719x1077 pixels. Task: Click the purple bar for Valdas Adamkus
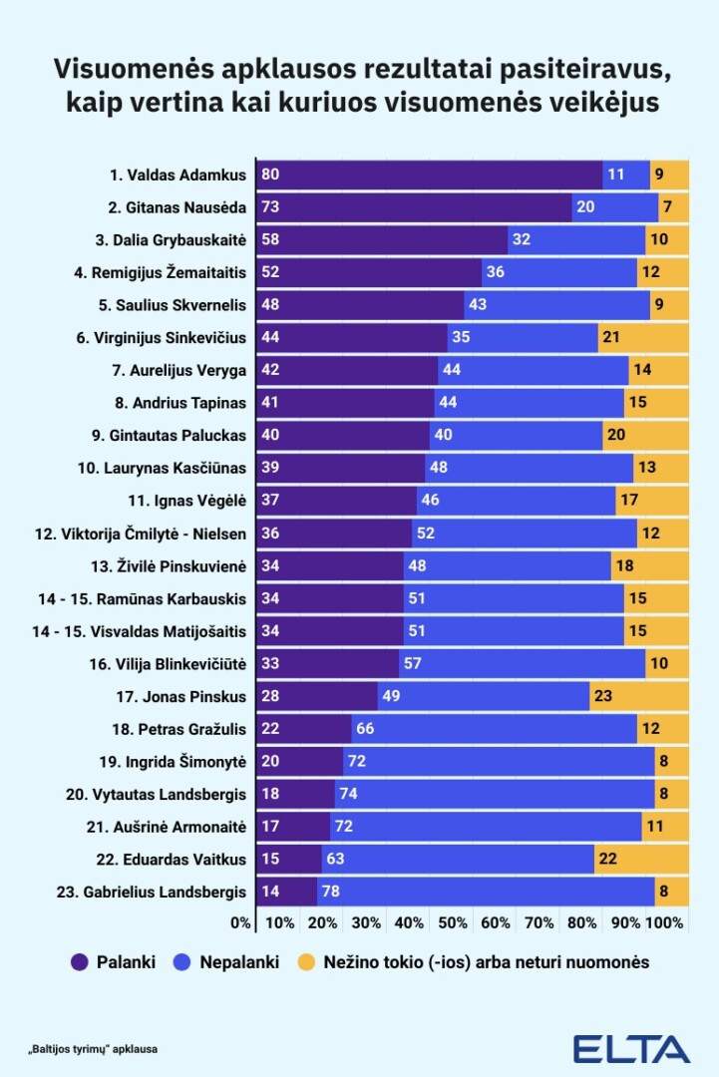429,175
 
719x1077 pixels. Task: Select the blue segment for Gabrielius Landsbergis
486,892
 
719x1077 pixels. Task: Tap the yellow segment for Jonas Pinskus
639,696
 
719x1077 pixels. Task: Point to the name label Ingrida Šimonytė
185,761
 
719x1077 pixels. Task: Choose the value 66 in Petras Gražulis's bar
365,729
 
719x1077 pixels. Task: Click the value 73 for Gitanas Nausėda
269,207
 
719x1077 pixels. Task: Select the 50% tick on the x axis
453,923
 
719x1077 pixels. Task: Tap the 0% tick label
240,923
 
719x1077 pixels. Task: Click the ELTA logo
630,1048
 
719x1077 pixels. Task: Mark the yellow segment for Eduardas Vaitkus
641,859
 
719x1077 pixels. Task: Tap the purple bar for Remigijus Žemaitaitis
369,272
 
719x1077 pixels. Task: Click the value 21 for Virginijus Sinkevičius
610,338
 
